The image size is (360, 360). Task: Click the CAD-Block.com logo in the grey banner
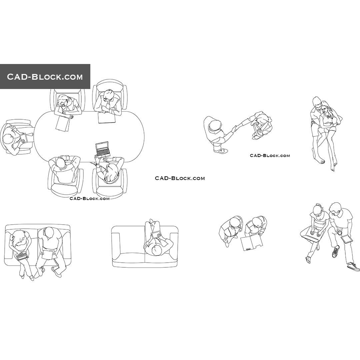point(45,77)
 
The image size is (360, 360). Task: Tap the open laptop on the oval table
point(103,149)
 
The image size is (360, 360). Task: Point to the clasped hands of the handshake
point(235,128)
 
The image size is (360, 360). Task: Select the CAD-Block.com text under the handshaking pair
point(270,155)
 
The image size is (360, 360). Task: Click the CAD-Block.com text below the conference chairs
point(89,199)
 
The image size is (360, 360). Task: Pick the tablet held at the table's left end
point(23,137)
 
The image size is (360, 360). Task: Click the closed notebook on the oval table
point(106,118)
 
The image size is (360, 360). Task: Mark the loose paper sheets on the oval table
point(62,123)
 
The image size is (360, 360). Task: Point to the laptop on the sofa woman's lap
point(22,256)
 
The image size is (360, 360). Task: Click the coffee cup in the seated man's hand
point(339,232)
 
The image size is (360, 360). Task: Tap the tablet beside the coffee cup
point(346,239)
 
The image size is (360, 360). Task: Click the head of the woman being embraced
point(325,108)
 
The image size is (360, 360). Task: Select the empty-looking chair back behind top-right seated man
point(110,83)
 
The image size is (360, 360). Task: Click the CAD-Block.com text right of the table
point(180,178)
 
